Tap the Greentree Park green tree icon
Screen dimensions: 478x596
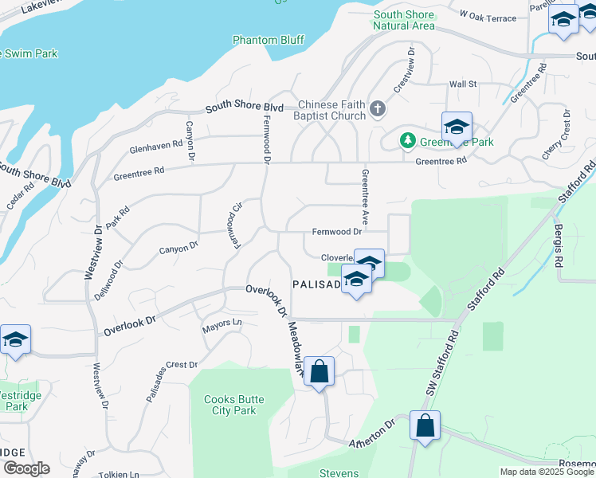[x=408, y=141]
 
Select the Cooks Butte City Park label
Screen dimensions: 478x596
[x=229, y=405]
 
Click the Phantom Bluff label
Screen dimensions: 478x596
[x=269, y=40]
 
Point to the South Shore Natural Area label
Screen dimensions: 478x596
[x=404, y=20]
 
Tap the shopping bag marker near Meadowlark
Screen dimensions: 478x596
[x=319, y=372]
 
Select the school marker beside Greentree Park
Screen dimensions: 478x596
[x=457, y=127]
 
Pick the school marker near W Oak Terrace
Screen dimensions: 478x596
[x=563, y=20]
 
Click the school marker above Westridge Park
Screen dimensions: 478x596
[x=14, y=340]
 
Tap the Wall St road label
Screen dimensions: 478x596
[x=462, y=84]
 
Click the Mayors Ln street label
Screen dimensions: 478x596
[x=222, y=323]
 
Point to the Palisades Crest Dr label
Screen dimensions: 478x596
[x=171, y=365]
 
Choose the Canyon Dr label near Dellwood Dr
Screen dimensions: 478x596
[x=178, y=249]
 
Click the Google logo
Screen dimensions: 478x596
[x=25, y=468]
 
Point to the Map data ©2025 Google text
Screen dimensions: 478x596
[x=546, y=472]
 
